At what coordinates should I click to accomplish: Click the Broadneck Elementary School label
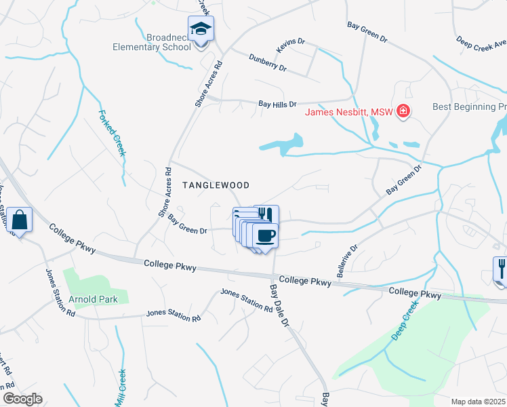coord(153,42)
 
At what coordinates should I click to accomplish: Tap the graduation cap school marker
coord(201,29)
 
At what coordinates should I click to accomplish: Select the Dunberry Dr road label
coord(268,63)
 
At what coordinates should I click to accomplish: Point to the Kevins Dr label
coord(288,46)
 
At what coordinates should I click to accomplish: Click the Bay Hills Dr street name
coord(278,104)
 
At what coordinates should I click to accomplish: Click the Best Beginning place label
coord(470,107)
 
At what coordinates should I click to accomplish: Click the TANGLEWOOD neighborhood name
coord(216,185)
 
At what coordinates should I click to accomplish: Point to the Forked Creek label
coord(113,133)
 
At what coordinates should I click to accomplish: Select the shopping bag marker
coord(19,220)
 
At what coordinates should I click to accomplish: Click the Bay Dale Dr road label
coord(279,305)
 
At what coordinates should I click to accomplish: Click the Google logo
coord(22,399)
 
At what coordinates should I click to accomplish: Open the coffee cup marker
coord(265,235)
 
